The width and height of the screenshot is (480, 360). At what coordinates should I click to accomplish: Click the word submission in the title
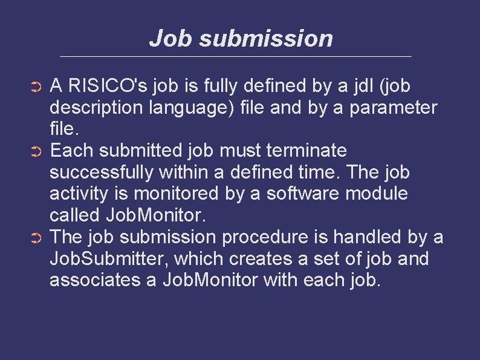click(265, 39)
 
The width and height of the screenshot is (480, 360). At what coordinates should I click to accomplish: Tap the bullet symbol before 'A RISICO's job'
click(36, 88)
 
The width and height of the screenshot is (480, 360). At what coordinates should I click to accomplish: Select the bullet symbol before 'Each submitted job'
click(36, 151)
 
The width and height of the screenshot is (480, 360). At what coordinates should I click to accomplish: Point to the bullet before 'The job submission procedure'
click(36, 238)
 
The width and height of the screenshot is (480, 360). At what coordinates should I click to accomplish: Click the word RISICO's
click(108, 86)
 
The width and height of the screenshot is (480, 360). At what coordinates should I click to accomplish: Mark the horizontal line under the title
click(236, 57)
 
